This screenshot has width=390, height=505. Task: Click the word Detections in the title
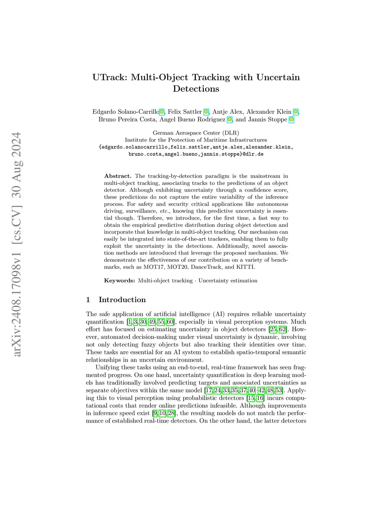[x=196, y=89]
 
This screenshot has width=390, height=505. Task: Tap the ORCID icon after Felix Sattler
[x=206, y=112]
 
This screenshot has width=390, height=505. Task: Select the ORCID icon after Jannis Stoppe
[x=291, y=120]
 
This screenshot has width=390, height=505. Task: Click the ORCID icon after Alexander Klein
[x=296, y=112]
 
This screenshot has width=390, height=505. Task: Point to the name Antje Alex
[x=227, y=112]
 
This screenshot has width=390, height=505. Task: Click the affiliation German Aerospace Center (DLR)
[x=196, y=133]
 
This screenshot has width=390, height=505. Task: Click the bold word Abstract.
[x=117, y=176]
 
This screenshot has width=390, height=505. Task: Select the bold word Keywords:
[x=119, y=281]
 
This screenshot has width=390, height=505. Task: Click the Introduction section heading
[x=122, y=300]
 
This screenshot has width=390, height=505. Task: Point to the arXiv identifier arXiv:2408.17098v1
[x=17, y=293]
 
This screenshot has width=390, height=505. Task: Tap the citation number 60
[x=170, y=322]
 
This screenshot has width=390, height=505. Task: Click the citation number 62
[x=282, y=330]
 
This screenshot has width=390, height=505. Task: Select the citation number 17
[x=208, y=391]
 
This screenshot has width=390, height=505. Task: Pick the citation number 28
[x=171, y=414]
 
